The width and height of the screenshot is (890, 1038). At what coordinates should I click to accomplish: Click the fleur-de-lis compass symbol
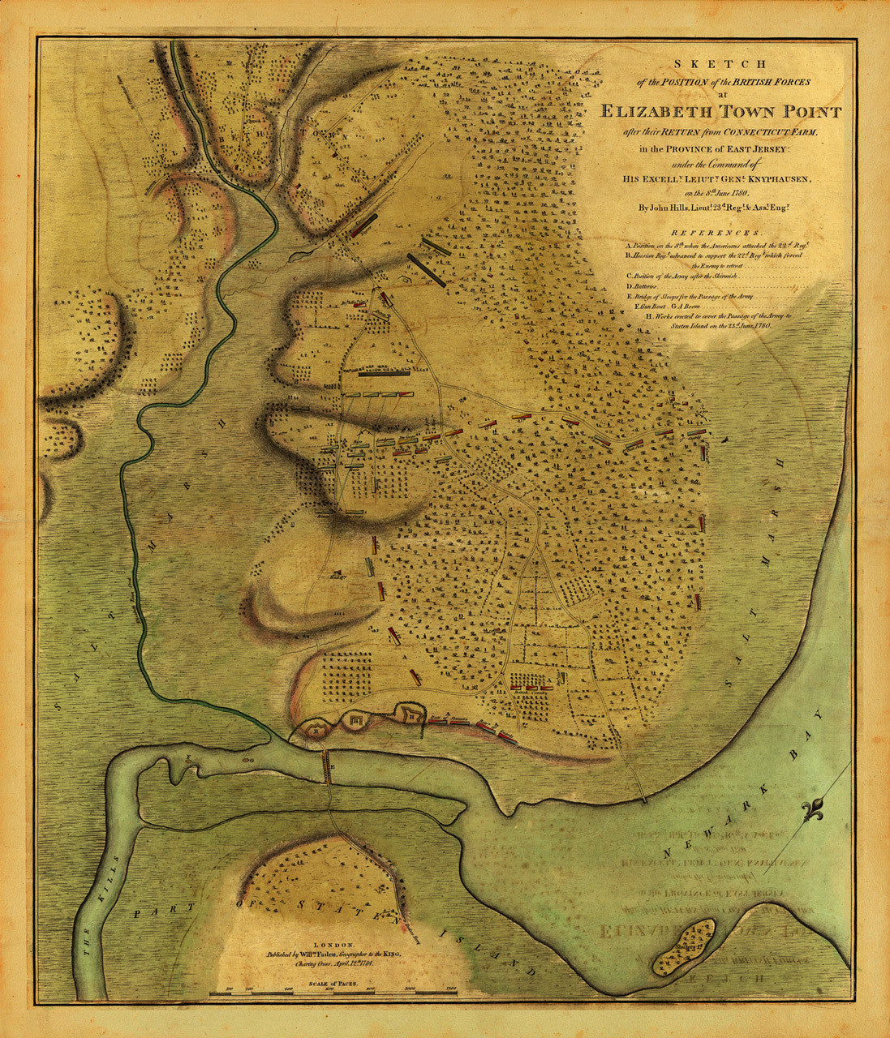click(x=813, y=812)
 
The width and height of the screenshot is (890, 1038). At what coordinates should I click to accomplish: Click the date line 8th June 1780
click(x=714, y=193)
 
